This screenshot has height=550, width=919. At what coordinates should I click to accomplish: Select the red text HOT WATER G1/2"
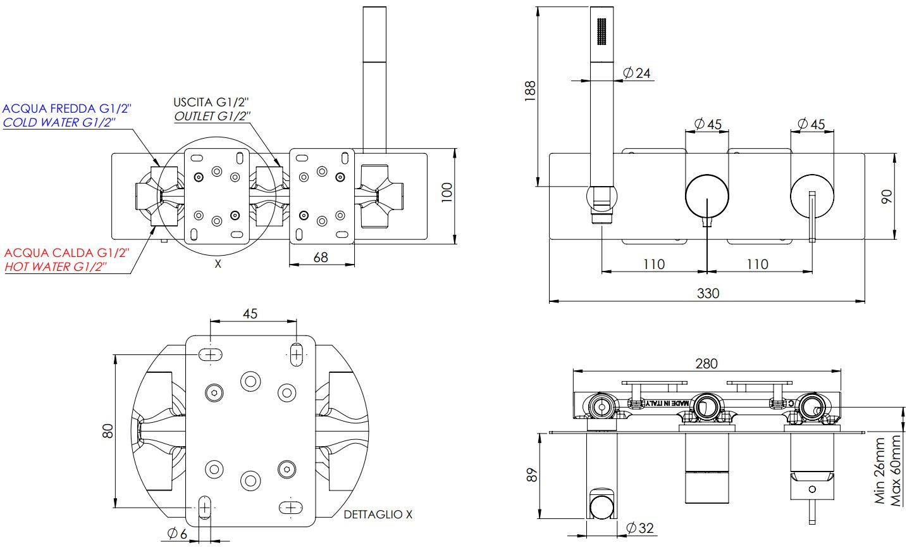coord(56,266)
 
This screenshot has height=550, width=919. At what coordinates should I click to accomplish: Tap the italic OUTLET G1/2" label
coord(212,116)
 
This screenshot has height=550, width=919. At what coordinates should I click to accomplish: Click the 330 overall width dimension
coord(708,293)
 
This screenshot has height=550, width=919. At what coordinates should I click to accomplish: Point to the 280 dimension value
coord(706,363)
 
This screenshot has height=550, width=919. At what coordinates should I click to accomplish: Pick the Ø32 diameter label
coord(639,528)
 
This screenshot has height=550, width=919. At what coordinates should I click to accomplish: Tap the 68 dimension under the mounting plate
coord(321,258)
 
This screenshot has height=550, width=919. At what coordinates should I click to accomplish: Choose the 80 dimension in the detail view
coord(108,430)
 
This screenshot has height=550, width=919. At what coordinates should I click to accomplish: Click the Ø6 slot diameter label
coord(177,534)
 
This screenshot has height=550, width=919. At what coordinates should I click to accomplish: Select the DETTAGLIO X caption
coord(378,515)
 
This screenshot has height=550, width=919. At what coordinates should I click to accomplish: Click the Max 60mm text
coord(896,470)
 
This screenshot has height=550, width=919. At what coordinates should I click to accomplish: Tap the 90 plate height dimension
coord(887,197)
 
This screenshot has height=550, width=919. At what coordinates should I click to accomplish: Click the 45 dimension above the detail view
coord(250,314)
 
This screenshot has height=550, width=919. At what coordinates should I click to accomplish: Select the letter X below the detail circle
coord(218,264)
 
